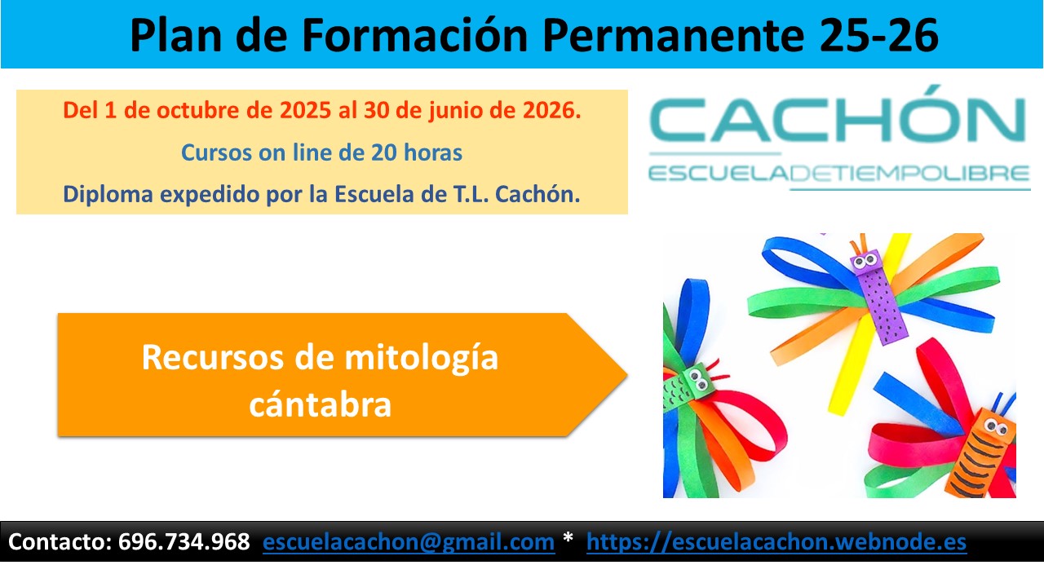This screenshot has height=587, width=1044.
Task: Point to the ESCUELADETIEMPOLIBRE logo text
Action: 838,174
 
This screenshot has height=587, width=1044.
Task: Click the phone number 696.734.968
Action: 184,542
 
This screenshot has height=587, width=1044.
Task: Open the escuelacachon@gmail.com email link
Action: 409,542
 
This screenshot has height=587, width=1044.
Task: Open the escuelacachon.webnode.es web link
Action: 776,542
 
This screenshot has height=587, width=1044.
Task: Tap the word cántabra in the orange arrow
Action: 320,404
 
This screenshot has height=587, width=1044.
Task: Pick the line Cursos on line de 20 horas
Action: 321,152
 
